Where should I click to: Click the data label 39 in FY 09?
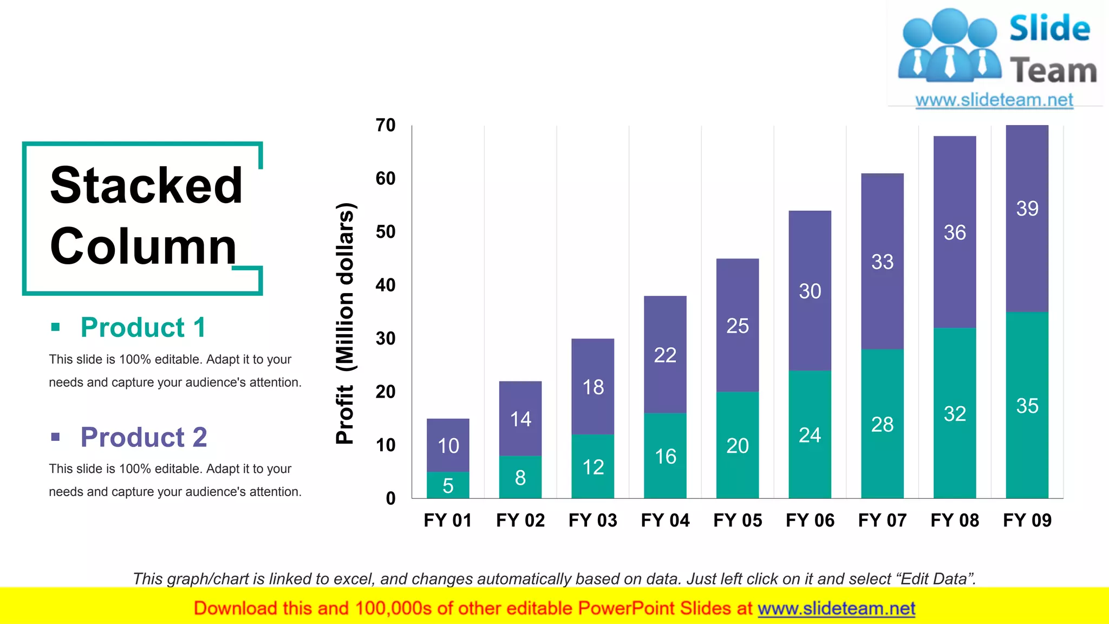(x=1027, y=209)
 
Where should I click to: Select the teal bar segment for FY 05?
(x=737, y=444)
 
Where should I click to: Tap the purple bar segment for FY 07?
(x=882, y=261)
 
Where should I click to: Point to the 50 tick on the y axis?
(x=386, y=232)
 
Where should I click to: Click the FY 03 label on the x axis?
(x=592, y=521)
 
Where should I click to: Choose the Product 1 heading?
(x=143, y=328)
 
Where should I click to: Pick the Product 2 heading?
(x=143, y=437)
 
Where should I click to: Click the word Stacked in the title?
(x=146, y=185)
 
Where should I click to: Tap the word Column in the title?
(x=143, y=246)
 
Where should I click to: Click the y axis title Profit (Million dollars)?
(x=345, y=323)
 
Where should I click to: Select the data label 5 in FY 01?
(x=448, y=486)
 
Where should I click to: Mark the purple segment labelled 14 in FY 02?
(x=520, y=419)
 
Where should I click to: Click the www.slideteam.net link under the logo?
(x=994, y=100)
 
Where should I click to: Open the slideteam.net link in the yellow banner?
(x=836, y=609)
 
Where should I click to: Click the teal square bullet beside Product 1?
(x=55, y=327)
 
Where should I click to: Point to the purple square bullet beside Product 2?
(x=55, y=437)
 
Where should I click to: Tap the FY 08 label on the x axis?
(x=955, y=521)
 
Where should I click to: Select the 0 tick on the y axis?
(x=390, y=498)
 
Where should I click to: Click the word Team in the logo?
(x=1053, y=71)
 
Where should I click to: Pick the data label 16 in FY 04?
(x=665, y=457)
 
